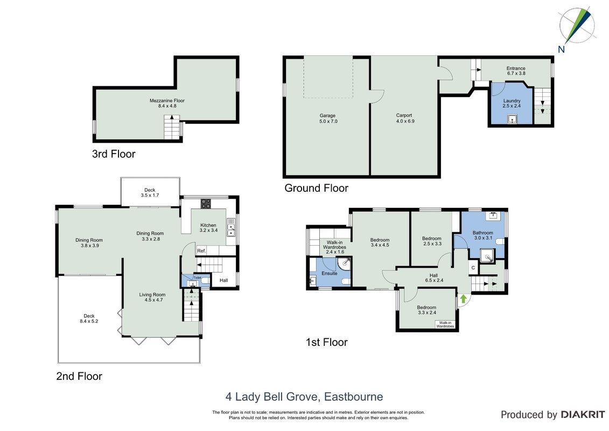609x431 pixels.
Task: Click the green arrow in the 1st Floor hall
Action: (x=464, y=299)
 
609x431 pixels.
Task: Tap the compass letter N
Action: (x=561, y=50)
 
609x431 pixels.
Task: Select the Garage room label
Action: (x=328, y=118)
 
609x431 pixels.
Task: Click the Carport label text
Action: (x=404, y=118)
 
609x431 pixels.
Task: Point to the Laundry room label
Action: (x=512, y=103)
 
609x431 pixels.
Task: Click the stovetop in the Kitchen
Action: (x=206, y=204)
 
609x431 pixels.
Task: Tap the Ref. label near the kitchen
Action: (x=201, y=251)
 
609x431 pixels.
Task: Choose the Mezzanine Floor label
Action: (x=167, y=103)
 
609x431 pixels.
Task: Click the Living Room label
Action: (x=152, y=297)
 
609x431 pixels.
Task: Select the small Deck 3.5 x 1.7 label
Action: (x=150, y=192)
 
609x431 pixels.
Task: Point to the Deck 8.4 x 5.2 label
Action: (x=89, y=318)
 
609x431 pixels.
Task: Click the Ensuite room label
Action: (x=330, y=273)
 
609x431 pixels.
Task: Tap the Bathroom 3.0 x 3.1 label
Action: (x=483, y=235)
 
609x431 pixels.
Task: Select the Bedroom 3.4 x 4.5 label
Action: (x=380, y=242)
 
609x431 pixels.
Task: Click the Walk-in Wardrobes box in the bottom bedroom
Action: (x=445, y=324)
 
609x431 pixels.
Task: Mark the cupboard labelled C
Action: (x=473, y=268)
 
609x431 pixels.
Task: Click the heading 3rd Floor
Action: (x=114, y=154)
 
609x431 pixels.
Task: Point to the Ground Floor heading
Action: (x=316, y=188)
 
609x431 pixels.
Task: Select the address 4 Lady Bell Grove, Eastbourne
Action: (x=304, y=397)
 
